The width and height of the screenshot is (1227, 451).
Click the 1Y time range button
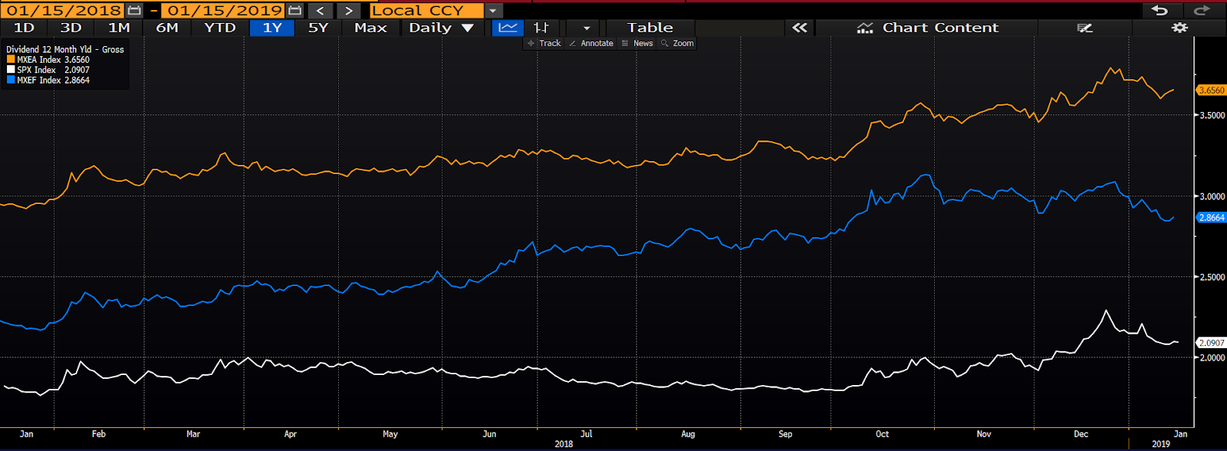(272, 28)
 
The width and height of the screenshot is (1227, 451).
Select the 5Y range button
(317, 28)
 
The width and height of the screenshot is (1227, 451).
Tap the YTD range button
(219, 28)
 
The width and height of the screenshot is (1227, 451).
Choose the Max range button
(370, 28)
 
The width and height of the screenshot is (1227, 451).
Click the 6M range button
(167, 28)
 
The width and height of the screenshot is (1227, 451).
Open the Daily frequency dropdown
(441, 28)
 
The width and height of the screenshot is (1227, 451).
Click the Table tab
(650, 28)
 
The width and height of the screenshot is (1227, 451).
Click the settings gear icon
(1179, 28)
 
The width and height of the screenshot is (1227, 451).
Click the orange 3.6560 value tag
(1211, 91)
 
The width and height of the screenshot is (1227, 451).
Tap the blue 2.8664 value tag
(1211, 218)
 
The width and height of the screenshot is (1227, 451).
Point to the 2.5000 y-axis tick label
(1212, 278)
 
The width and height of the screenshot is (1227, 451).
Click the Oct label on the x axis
(882, 434)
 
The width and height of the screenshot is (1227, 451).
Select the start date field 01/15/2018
(64, 10)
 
